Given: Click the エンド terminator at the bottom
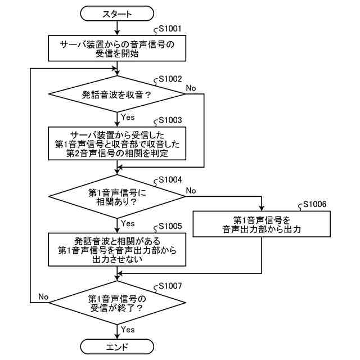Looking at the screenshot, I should tap(117, 346).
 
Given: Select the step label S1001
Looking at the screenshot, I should tap(170, 28).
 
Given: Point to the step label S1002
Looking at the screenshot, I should tap(170, 79).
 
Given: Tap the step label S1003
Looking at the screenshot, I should tap(170, 120).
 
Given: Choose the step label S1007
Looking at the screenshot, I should tap(170, 285).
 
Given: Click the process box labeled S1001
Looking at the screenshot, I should tap(117, 47).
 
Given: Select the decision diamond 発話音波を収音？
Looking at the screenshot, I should tap(117, 94).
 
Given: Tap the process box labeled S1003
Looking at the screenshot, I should tap(117, 143).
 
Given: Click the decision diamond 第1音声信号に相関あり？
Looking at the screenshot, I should tap(117, 196).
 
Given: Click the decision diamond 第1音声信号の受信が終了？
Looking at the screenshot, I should tap(117, 303).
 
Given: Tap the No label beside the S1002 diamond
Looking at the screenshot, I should tap(191, 88).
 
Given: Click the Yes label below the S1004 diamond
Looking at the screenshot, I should tap(128, 223).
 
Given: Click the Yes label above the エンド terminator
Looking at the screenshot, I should tap(128, 329).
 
